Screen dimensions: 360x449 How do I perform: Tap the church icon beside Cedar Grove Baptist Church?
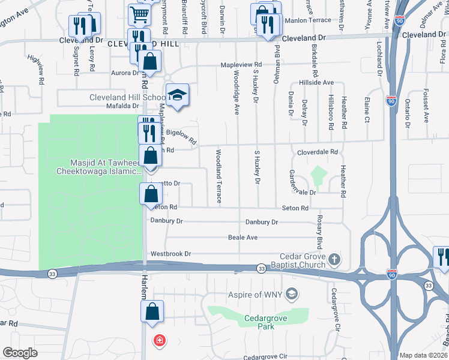coord(335,260)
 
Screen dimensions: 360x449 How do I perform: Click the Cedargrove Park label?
coord(259,322)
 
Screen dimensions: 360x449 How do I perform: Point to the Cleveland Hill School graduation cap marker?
coord(177,95)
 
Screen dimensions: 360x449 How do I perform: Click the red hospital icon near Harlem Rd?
coord(159,341)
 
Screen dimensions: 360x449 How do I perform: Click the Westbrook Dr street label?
coord(170,254)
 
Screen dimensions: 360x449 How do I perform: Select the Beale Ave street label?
coord(243,238)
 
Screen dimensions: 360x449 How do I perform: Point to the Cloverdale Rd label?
coord(318,152)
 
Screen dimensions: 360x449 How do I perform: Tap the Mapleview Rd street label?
coord(241,64)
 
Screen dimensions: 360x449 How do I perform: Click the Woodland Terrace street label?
coord(218,176)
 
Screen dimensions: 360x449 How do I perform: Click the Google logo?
coord(20,353)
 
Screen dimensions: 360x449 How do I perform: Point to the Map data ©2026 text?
coord(423,355)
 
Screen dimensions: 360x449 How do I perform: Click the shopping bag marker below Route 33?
coord(151,311)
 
